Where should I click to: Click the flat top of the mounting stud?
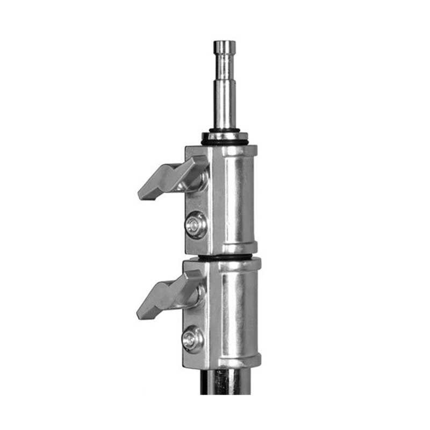coord(224,42)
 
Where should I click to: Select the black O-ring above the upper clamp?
coord(225,142)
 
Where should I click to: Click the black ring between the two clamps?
coord(226,257)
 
